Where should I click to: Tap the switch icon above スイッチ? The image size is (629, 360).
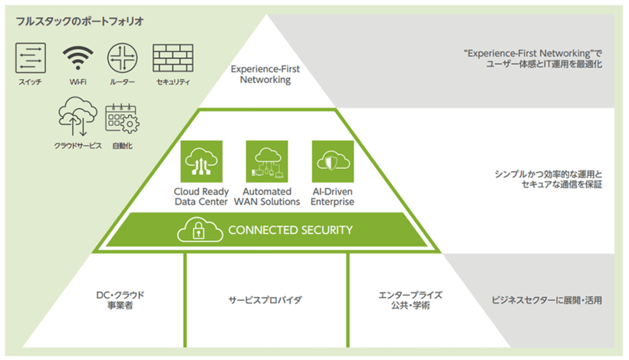click(31, 58)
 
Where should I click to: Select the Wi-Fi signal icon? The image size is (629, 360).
click(77, 58)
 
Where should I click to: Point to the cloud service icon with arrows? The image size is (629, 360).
click(77, 117)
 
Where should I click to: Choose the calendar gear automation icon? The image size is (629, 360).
click(121, 120)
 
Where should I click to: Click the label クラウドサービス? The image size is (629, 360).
click(77, 145)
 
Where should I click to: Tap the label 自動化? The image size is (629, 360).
click(122, 145)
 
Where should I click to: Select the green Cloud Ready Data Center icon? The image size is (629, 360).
click(200, 160)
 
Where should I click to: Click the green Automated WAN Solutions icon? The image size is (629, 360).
click(265, 160)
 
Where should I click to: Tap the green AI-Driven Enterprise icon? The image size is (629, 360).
click(331, 160)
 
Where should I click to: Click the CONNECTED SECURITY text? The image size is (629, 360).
click(291, 230)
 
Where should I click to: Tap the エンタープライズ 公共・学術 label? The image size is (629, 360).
click(410, 299)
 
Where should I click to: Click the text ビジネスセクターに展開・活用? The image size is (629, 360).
click(546, 299)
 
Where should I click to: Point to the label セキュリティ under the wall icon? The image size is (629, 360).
click(173, 82)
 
